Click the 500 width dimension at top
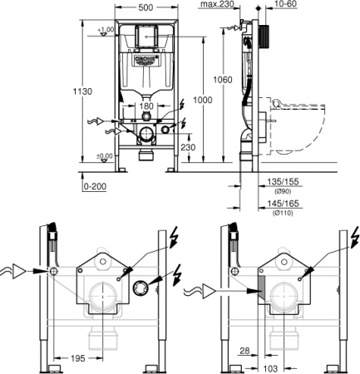click(x=145, y=7)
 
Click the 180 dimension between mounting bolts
click(x=145, y=106)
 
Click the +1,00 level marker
click(x=105, y=30)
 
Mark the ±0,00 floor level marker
click(x=104, y=155)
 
